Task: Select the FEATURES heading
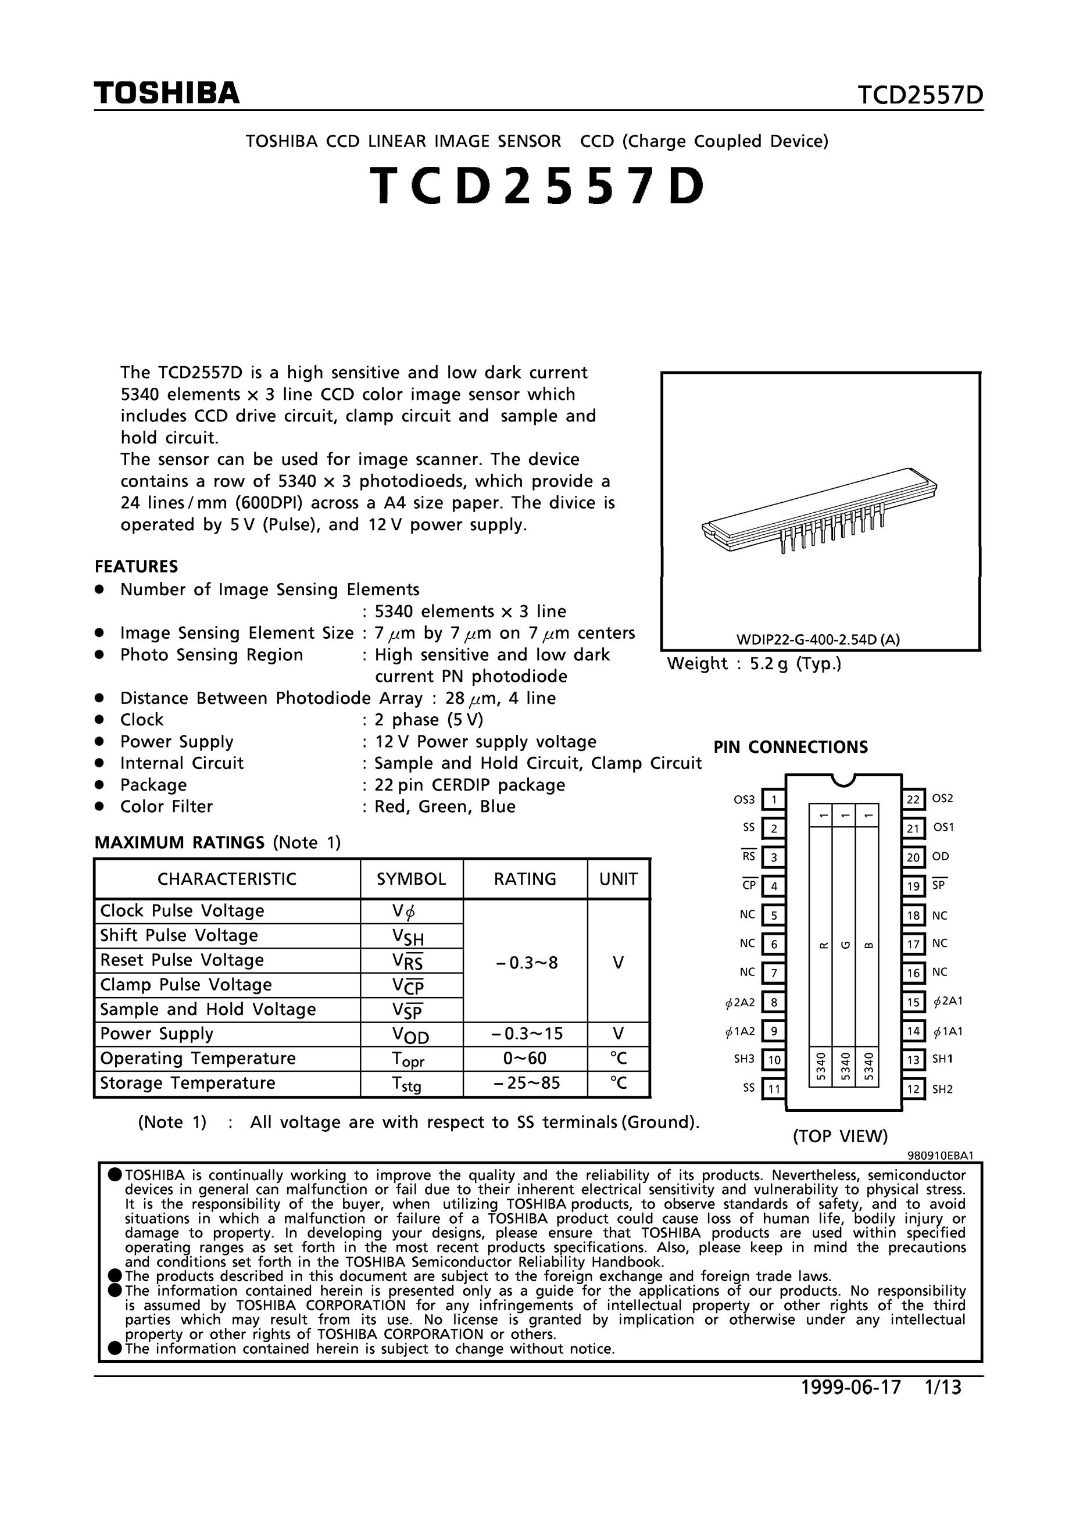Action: point(136,567)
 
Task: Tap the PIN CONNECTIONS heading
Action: point(790,747)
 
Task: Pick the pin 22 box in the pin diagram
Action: point(913,799)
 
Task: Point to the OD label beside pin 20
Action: point(940,856)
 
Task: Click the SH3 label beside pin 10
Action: point(744,1059)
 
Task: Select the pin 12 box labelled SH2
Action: point(913,1089)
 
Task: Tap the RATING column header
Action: point(525,879)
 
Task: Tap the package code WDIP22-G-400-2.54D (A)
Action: point(818,639)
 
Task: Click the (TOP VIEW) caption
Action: point(840,1136)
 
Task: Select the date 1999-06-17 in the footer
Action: point(851,1388)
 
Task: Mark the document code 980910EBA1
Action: point(940,1155)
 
